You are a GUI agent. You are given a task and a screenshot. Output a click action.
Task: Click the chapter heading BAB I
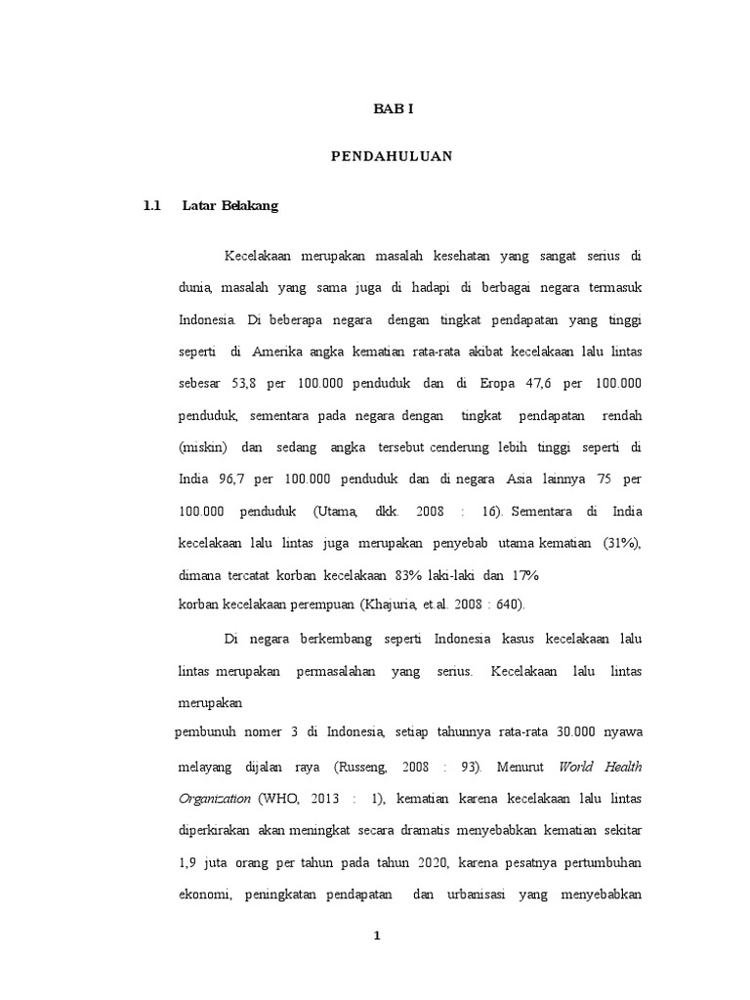(x=395, y=109)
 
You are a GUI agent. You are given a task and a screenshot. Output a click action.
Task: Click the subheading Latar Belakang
(x=229, y=206)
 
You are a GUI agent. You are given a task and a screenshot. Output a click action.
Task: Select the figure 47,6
(x=550, y=384)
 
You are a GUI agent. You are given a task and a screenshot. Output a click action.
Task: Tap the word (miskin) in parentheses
(x=203, y=447)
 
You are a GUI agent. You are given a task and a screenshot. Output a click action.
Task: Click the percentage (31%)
(x=622, y=543)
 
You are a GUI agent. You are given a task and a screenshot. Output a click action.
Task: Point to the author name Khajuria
(x=393, y=604)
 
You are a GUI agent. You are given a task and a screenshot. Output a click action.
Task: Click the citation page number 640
(x=508, y=604)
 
